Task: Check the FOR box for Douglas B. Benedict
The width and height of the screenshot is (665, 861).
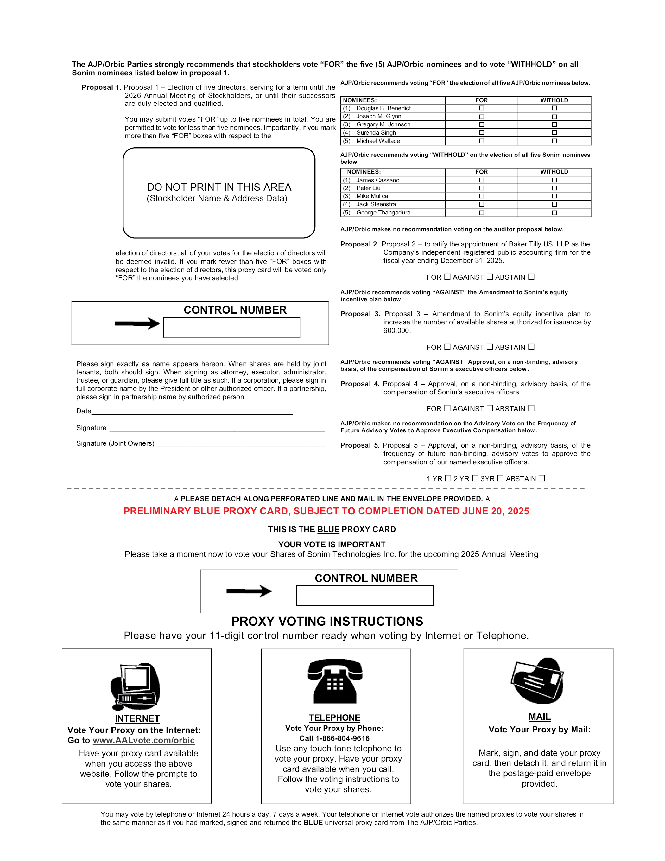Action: coord(481,108)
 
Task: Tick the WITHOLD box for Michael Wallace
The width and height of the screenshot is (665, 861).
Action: coord(554,141)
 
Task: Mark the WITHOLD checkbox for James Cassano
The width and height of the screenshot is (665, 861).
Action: coord(554,180)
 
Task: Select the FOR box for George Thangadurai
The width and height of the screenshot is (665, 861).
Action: coord(481,213)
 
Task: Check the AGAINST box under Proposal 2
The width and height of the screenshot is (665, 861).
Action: coord(490,277)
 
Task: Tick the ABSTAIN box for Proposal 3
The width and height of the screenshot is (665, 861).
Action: coord(531,347)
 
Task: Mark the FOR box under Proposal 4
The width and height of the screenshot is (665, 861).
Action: coord(447,408)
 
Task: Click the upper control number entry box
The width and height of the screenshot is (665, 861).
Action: coord(231,327)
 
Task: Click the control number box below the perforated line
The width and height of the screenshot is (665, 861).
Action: coord(364,595)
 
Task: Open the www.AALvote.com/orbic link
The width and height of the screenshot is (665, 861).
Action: coord(143,740)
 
